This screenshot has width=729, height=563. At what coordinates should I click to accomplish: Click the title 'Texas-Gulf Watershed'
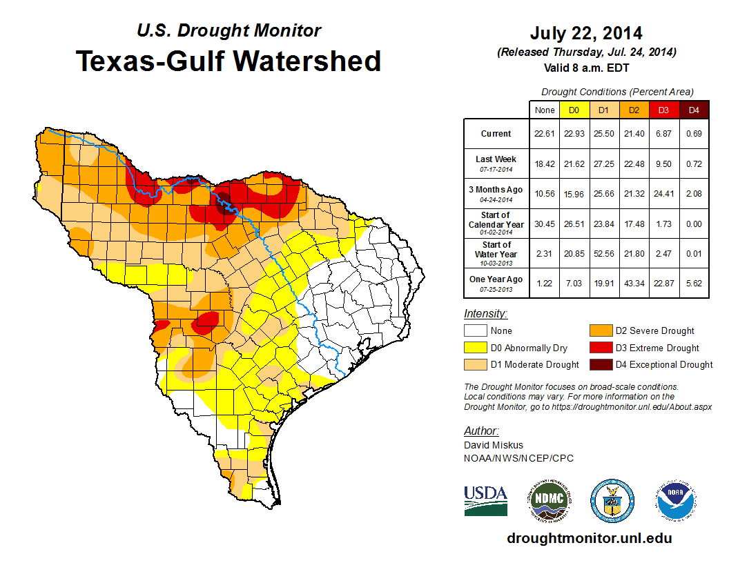click(228, 61)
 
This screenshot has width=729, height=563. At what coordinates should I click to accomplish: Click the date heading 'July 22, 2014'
click(586, 33)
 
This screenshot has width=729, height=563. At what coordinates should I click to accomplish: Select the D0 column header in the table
click(574, 110)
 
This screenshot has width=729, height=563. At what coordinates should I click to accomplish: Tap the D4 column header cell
click(694, 110)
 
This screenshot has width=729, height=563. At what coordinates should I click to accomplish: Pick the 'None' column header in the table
click(544, 110)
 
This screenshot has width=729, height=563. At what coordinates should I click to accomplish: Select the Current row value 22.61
click(544, 134)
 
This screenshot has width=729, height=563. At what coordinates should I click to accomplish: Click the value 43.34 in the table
click(634, 283)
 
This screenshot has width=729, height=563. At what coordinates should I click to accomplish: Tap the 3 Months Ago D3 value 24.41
click(664, 193)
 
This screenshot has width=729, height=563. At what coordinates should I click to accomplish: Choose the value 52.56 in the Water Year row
click(604, 253)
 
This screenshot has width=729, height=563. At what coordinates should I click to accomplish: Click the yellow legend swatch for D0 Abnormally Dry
click(476, 348)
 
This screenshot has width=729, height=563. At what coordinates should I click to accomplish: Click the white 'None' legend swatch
click(476, 331)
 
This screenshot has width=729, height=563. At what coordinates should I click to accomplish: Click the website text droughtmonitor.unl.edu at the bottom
click(589, 538)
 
